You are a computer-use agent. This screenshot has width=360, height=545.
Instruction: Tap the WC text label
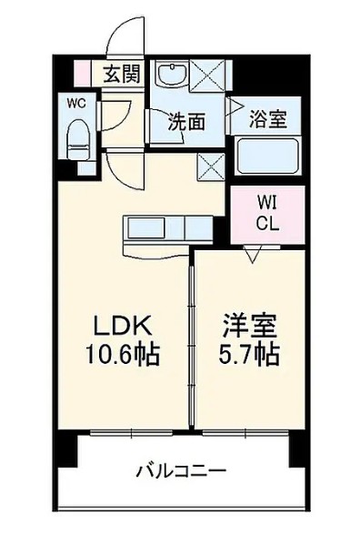[x=76, y=104]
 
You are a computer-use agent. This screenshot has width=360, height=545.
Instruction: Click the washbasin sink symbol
[x=170, y=75]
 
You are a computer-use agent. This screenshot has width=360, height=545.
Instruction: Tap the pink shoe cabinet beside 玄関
[x=83, y=73]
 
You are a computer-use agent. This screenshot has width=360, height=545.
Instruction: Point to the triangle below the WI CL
[x=251, y=257]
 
